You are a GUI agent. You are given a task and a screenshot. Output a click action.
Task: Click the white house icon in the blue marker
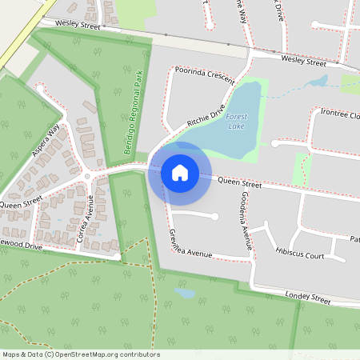click(x=179, y=172)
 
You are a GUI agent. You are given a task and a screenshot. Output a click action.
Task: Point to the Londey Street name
click(x=307, y=298)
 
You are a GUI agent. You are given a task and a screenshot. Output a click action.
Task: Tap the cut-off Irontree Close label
click(x=340, y=115)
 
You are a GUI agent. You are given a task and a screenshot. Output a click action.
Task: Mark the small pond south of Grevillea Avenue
click(x=185, y=293)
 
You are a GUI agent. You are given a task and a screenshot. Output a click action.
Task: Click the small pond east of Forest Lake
click(x=318, y=81)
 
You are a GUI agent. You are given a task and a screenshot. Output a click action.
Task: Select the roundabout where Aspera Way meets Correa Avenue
click(x=87, y=176)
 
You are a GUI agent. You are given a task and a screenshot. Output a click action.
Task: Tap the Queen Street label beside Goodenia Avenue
click(x=239, y=184)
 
